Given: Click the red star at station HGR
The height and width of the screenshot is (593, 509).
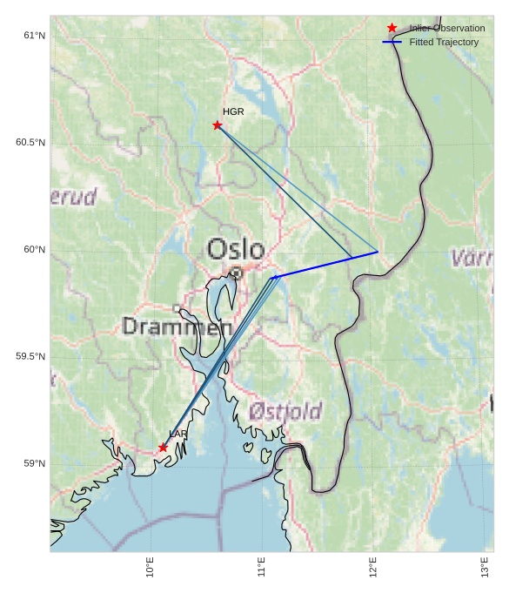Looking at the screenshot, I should pyautogui.click(x=218, y=125).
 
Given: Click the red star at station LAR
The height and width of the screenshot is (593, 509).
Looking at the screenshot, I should pyautogui.click(x=163, y=448).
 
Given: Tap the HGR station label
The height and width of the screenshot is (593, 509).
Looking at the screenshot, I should pyautogui.click(x=233, y=111).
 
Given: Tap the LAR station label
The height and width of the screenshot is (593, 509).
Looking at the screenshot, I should pyautogui.click(x=178, y=434).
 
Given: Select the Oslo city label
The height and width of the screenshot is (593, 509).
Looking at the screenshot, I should pyautogui.click(x=235, y=250).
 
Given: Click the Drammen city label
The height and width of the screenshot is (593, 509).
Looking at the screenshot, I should pyautogui.click(x=177, y=327).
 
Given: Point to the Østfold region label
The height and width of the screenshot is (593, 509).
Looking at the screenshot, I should pyautogui.click(x=285, y=411).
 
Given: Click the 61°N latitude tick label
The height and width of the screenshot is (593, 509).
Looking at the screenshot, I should pyautogui.click(x=34, y=36).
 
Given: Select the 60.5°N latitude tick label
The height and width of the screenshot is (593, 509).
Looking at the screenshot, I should pyautogui.click(x=30, y=143).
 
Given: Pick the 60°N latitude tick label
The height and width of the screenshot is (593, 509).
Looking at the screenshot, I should pyautogui.click(x=34, y=250).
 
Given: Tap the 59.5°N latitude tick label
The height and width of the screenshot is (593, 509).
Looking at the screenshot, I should pyautogui.click(x=30, y=357).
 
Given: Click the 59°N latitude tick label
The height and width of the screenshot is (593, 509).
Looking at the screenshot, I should pyautogui.click(x=34, y=464).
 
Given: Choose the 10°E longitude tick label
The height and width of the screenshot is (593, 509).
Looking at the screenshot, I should pyautogui.click(x=151, y=569).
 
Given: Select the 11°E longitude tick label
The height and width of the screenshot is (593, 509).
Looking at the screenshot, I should pyautogui.click(x=262, y=569).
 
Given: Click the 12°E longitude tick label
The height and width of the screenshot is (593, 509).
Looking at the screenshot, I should pyautogui.click(x=373, y=569).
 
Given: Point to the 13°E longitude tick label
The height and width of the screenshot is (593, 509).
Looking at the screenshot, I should pyautogui.click(x=485, y=569).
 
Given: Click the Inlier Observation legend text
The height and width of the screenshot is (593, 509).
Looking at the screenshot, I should pyautogui.click(x=447, y=29).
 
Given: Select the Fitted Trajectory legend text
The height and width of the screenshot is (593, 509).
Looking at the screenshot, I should pyautogui.click(x=444, y=42).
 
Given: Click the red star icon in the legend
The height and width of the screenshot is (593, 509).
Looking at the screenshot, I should pyautogui.click(x=392, y=28).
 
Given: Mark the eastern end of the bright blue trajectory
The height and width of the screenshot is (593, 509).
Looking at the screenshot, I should pyautogui.click(x=378, y=252).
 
